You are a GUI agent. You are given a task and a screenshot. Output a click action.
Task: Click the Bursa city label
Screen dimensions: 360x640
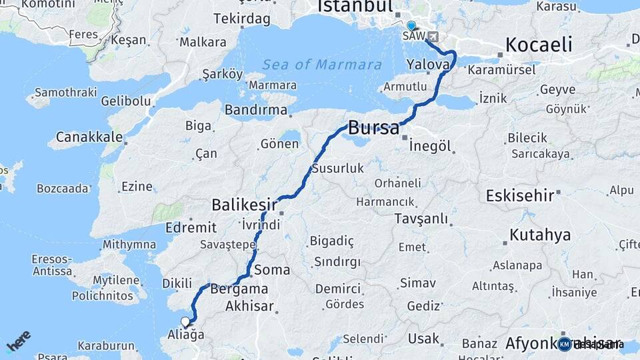click(x=373, y=127)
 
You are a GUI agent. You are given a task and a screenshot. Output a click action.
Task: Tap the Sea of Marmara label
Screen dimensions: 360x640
click(x=322, y=65)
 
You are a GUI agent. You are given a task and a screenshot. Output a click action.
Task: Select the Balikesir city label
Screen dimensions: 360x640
click(x=243, y=203)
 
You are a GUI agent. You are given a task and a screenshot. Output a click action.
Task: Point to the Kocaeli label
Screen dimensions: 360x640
click(x=539, y=45)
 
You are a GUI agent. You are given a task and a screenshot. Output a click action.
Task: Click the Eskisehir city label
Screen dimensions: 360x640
click(x=520, y=196)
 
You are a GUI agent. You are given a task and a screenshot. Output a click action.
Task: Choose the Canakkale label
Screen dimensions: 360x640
click(x=89, y=137)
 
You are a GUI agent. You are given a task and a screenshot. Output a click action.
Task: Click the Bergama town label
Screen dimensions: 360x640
click(x=239, y=289)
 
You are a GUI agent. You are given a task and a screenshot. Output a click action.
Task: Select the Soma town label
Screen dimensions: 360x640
click(x=272, y=270)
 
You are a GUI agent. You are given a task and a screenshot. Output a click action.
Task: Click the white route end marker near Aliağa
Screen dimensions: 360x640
click(x=185, y=322)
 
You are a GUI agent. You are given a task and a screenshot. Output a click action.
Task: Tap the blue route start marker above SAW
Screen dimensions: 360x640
click(x=411, y=26)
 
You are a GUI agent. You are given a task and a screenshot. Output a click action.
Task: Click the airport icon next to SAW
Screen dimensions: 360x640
click(x=434, y=36)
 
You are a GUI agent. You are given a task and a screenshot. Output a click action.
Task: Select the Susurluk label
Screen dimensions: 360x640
click(x=338, y=168)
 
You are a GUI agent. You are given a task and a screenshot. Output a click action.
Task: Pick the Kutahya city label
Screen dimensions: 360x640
click(x=540, y=235)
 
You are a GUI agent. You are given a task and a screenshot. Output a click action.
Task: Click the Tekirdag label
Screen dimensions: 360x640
click(x=242, y=18)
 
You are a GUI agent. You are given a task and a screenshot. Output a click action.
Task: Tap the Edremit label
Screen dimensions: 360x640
click(x=191, y=227)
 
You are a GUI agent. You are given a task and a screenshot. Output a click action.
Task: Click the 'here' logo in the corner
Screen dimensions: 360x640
click(x=19, y=340)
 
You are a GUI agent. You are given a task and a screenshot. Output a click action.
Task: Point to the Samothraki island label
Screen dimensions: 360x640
click(x=65, y=92)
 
